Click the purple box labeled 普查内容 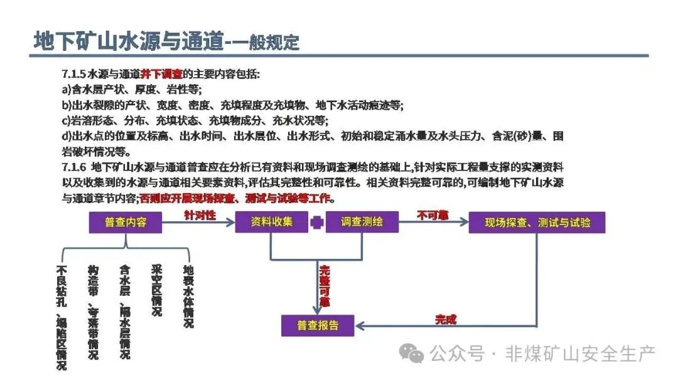coord(126,222)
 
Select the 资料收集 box coord(272,222)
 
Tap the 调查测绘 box coord(362,222)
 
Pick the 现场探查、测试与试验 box coord(537,222)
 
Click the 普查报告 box coord(318,325)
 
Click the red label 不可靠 coord(433,215)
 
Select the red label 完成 coord(446,320)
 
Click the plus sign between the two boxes coord(318,222)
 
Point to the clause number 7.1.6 coord(74,167)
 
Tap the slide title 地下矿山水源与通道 coord(129,41)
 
